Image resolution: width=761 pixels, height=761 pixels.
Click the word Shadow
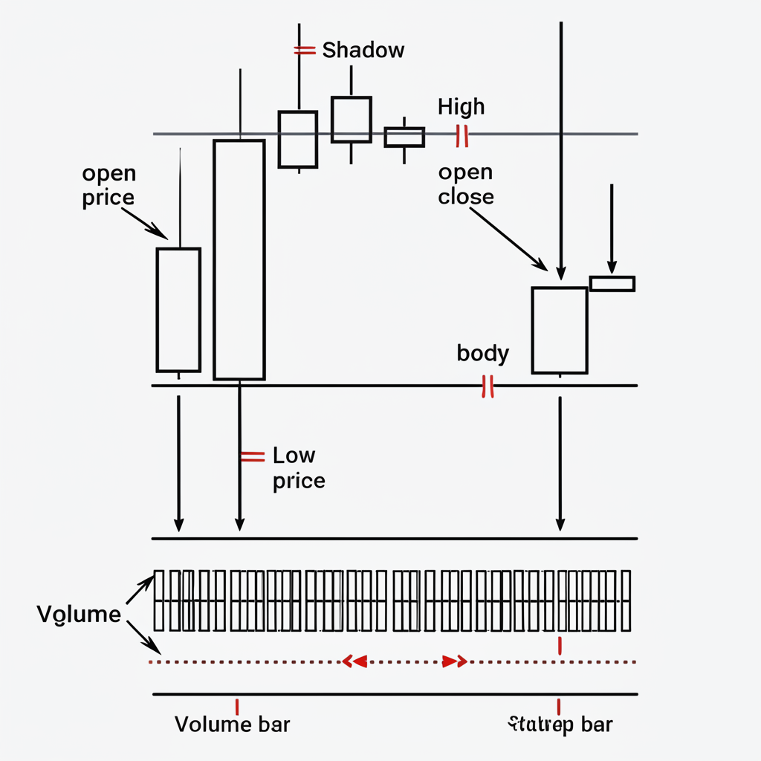(363, 51)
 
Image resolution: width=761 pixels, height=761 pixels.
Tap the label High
(461, 107)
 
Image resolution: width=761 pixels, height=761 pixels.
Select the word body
(482, 353)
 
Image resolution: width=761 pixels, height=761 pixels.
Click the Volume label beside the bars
(79, 615)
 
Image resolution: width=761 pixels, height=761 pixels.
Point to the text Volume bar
(232, 724)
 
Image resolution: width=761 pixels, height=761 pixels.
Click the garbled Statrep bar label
(562, 724)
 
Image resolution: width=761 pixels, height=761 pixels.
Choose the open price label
(109, 186)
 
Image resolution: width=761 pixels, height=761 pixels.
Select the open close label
(465, 184)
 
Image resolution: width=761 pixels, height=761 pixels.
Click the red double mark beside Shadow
(304, 51)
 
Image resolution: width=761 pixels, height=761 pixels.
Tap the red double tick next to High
(462, 135)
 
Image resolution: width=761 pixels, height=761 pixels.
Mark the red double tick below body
(488, 386)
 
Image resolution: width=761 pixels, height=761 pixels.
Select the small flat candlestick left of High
(404, 137)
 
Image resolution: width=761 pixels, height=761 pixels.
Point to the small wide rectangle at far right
(612, 283)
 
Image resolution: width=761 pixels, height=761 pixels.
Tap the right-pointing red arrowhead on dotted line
(454, 661)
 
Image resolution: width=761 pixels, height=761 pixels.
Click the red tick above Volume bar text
(236, 705)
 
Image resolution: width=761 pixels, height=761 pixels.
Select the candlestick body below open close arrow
(560, 330)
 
